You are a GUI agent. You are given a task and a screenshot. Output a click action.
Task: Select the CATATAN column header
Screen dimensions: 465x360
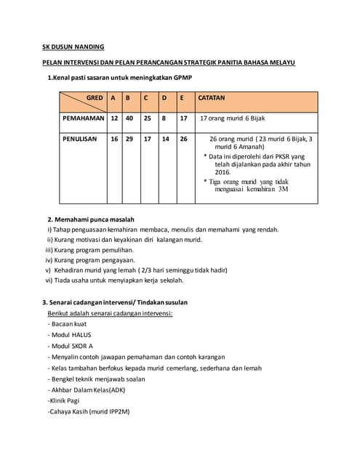click(x=211, y=97)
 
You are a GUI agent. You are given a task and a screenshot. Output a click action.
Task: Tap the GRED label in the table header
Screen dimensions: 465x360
click(x=94, y=97)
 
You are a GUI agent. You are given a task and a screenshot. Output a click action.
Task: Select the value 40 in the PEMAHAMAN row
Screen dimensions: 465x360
click(x=129, y=117)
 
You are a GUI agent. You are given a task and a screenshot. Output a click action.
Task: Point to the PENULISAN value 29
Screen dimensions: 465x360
click(x=129, y=138)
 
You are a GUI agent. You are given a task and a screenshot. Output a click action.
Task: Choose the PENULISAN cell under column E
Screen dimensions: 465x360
click(x=183, y=138)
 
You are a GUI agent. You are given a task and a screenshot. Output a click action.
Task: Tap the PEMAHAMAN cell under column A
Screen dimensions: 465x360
click(x=113, y=117)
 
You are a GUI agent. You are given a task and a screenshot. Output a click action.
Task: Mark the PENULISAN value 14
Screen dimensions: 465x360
click(x=165, y=138)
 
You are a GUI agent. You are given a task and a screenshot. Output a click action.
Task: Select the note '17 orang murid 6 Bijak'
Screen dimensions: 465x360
click(x=233, y=117)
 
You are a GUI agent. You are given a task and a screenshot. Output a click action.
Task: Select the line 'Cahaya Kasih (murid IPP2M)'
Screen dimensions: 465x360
click(x=89, y=411)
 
